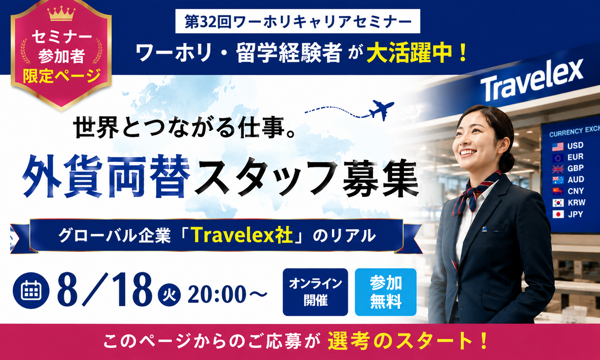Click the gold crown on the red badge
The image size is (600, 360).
point(61,14)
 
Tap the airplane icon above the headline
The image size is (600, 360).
point(381,110)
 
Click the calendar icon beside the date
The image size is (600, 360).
point(31,290)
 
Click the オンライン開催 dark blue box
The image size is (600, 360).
point(315,292)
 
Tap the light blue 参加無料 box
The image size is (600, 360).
point(386,292)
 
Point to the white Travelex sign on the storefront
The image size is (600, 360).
point(532,80)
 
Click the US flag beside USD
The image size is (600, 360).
point(558,146)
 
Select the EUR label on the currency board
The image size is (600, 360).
point(576,157)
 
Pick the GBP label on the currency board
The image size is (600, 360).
point(576,168)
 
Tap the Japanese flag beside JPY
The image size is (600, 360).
point(558,214)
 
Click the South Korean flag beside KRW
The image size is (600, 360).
point(558,203)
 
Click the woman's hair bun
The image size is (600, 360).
point(507,162)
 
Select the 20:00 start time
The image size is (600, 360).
point(217,294)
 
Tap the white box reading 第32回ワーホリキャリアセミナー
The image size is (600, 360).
point(298,21)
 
